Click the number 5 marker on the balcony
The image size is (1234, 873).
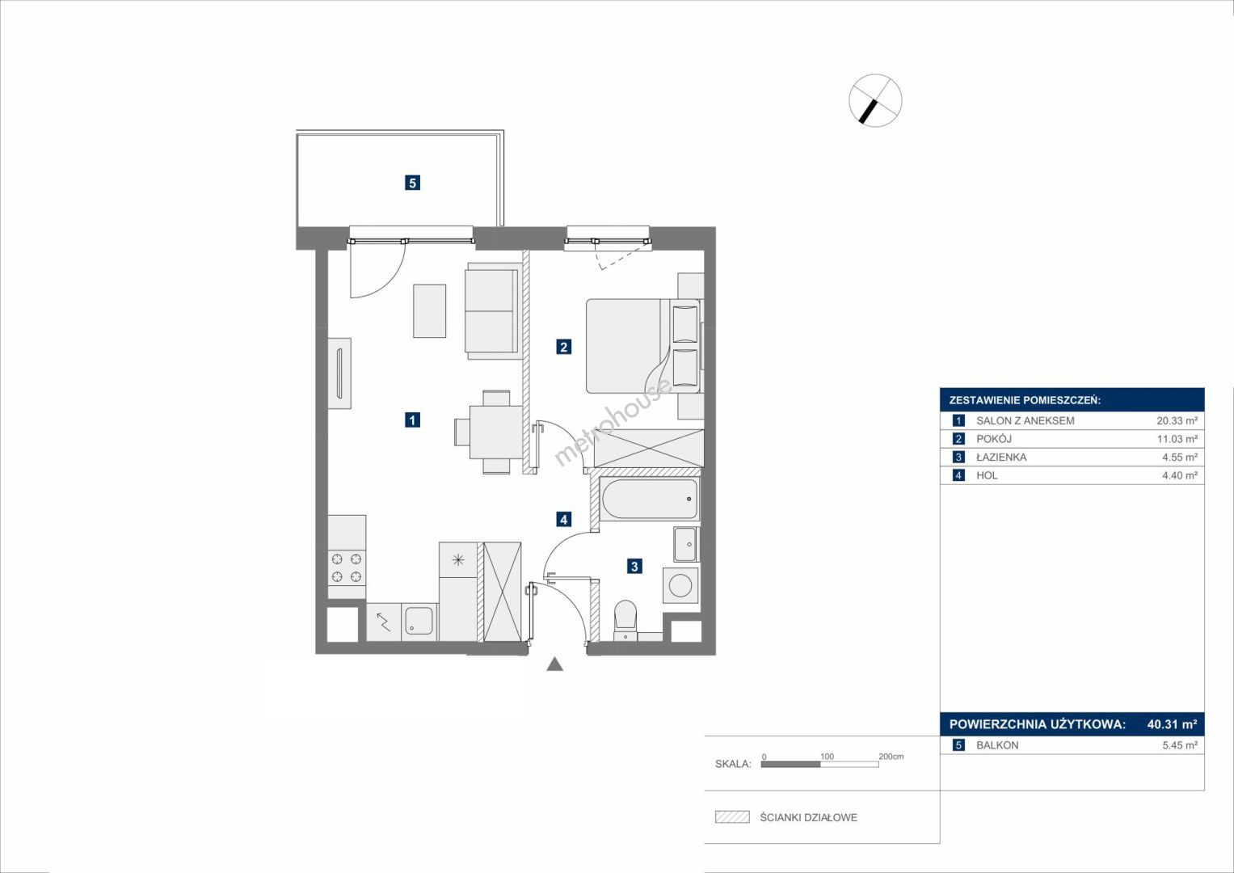(x=412, y=183)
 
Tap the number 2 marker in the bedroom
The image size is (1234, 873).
(x=563, y=347)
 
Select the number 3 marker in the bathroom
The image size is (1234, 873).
(x=634, y=566)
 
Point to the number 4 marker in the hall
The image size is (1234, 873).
(x=563, y=519)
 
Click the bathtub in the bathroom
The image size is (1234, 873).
(x=651, y=499)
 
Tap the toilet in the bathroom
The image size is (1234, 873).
(x=625, y=621)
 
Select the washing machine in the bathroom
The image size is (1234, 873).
(x=681, y=585)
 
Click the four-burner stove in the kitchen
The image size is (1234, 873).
(x=347, y=567)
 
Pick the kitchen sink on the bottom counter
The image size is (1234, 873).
(x=419, y=621)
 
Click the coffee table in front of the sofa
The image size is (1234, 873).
(x=430, y=311)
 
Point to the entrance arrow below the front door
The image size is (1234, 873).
(x=554, y=664)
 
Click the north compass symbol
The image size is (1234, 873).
(x=875, y=100)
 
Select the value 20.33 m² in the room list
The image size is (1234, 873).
(x=1177, y=420)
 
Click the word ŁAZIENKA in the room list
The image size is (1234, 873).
(x=1001, y=457)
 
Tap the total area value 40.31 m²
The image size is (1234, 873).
(x=1173, y=724)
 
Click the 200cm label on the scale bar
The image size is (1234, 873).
(x=891, y=757)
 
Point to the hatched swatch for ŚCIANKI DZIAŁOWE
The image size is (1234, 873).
(x=733, y=816)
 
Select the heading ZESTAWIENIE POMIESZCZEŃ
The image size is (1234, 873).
(x=1026, y=401)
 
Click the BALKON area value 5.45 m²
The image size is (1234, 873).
(x=1180, y=745)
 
